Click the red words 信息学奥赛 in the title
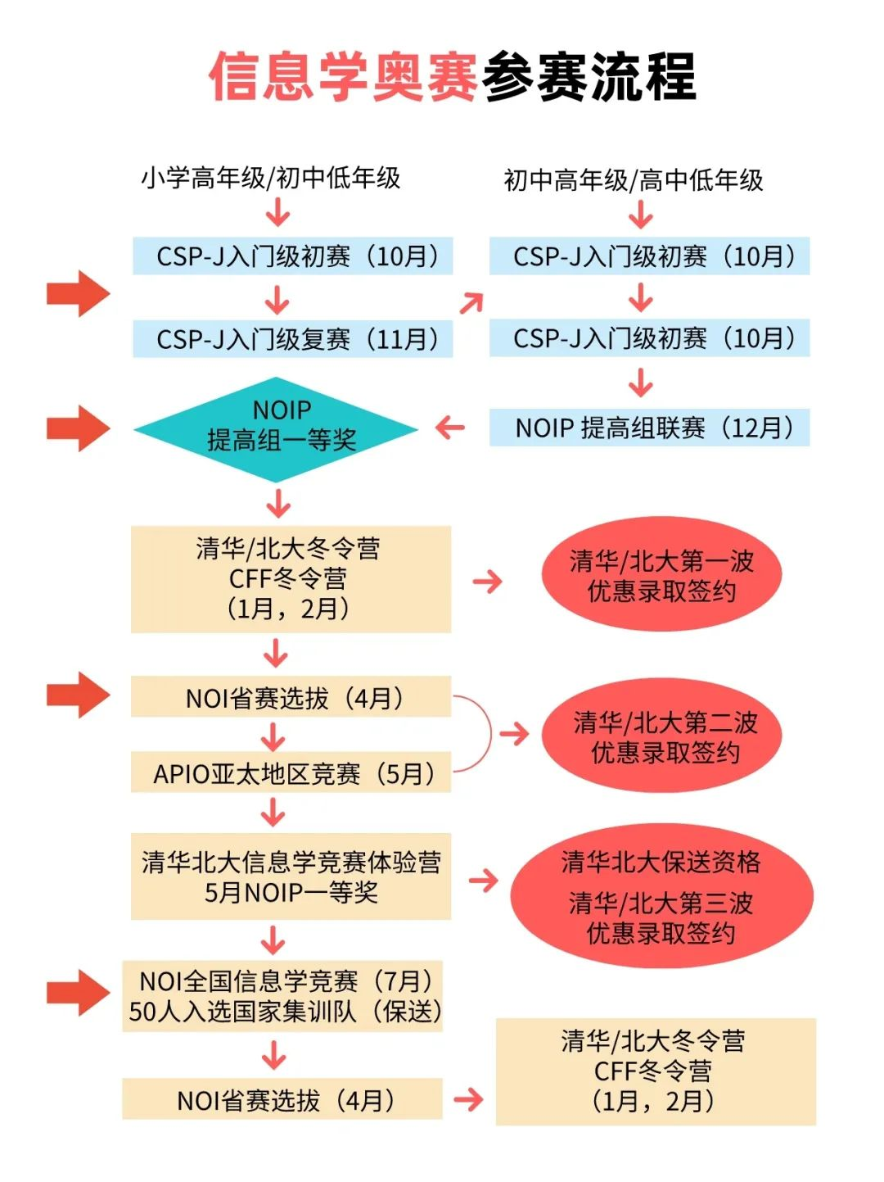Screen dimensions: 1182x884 (x=344, y=78)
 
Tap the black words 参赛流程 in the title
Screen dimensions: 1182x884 (x=589, y=78)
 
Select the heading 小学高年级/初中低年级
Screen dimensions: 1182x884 (x=271, y=178)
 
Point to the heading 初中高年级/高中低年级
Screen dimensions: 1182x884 (x=633, y=180)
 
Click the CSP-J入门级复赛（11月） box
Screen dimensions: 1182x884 (x=292, y=339)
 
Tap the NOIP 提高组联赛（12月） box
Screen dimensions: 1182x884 (x=649, y=428)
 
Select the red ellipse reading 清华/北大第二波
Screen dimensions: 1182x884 (x=661, y=736)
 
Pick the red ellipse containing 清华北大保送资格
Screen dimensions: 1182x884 (x=661, y=896)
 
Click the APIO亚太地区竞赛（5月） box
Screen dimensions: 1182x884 (x=291, y=773)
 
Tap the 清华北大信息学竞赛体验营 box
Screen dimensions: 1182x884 (x=291, y=876)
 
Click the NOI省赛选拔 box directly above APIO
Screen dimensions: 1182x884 (x=291, y=697)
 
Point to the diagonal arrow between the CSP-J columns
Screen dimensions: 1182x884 (x=471, y=303)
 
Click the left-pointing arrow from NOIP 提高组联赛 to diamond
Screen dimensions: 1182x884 (x=450, y=428)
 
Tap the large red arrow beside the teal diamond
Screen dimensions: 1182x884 (x=79, y=428)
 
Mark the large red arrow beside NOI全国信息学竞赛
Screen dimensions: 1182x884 (x=79, y=992)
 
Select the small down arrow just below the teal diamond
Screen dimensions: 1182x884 (x=278, y=503)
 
